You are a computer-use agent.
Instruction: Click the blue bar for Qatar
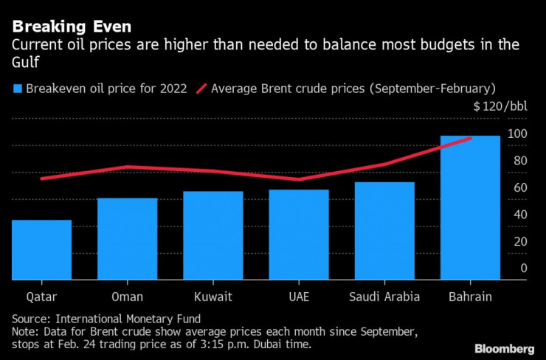pyautogui.click(x=41, y=250)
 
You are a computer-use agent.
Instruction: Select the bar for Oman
pyautogui.click(x=127, y=239)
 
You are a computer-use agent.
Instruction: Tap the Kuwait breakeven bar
pyautogui.click(x=213, y=235)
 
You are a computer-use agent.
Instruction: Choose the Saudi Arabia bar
pyautogui.click(x=384, y=231)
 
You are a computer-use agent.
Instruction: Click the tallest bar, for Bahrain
pyautogui.click(x=470, y=208)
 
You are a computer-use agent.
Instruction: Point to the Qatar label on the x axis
pyautogui.click(x=41, y=297)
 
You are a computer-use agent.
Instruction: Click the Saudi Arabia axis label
pyautogui.click(x=384, y=297)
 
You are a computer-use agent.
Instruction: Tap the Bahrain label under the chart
pyautogui.click(x=470, y=297)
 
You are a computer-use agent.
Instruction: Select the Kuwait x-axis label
pyautogui.click(x=213, y=297)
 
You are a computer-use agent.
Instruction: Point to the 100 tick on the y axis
pyautogui.click(x=517, y=134)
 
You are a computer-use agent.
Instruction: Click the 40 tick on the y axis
pyautogui.click(x=520, y=215)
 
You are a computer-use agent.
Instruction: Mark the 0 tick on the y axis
pyautogui.click(x=523, y=269)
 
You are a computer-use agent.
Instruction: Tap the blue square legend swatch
pyautogui.click(x=16, y=89)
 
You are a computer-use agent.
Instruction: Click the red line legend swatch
pyautogui.click(x=200, y=89)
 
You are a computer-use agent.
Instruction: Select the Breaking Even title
pyautogui.click(x=72, y=27)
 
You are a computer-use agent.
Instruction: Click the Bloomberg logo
pyautogui.click(x=504, y=347)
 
